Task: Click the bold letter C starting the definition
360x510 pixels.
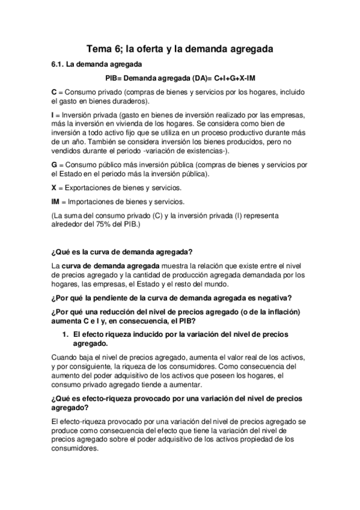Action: [54, 92]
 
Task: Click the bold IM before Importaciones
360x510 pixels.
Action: [56, 201]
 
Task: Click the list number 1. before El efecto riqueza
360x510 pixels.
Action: [66, 334]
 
